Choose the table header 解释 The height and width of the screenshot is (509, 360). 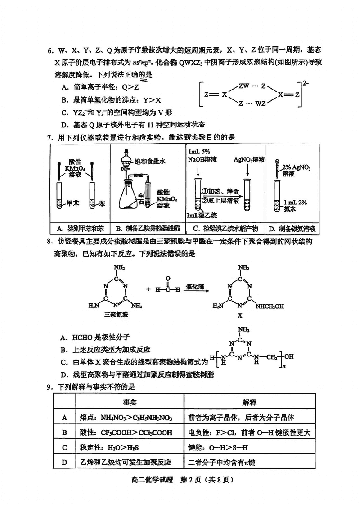[x=249, y=402]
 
